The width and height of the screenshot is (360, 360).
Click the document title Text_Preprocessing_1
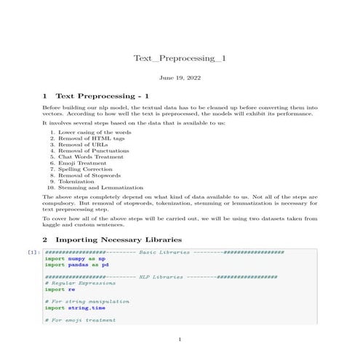tap(180, 58)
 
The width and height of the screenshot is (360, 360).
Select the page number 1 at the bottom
tap(180, 339)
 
